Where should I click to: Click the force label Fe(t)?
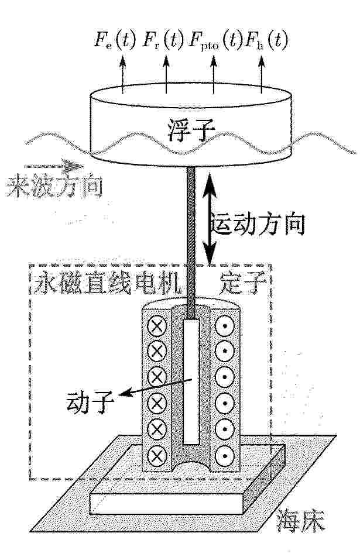(115, 40)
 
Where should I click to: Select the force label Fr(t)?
(163, 40)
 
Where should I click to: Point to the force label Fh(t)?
(266, 40)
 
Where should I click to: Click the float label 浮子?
(191, 130)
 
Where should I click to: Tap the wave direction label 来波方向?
(54, 186)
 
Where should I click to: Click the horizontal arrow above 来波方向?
(54, 166)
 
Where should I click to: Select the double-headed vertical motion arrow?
(210, 218)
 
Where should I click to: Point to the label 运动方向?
(258, 224)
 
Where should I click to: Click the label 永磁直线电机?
(108, 283)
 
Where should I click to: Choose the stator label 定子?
(244, 283)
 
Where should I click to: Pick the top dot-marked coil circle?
(225, 326)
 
